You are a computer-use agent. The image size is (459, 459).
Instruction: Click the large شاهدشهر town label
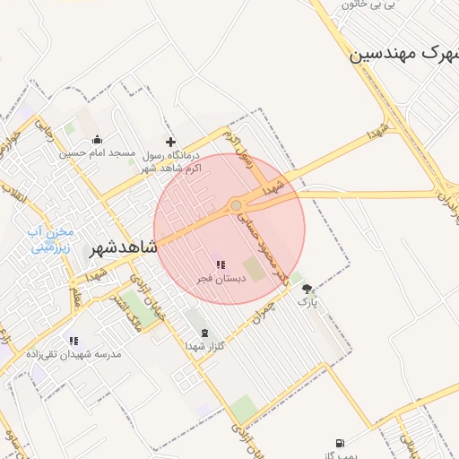[x=123, y=248]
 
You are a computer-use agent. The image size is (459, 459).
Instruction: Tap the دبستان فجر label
[x=219, y=279]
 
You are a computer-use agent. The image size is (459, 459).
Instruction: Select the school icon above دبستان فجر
[x=220, y=264]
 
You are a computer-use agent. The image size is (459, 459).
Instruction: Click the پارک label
[x=307, y=303]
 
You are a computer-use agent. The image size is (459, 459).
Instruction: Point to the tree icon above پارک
[x=307, y=289]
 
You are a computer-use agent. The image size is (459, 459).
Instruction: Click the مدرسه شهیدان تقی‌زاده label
[x=74, y=354]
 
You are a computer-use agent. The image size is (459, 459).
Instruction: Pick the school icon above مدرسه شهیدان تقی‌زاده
[x=74, y=341]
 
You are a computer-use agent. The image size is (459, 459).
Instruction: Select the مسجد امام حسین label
[x=97, y=153]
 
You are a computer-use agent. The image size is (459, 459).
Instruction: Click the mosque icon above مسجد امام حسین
[x=97, y=140]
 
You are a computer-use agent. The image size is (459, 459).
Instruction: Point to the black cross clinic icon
[x=171, y=141]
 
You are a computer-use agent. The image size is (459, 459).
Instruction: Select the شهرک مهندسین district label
[x=403, y=54]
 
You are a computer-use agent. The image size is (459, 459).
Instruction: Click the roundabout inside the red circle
[x=236, y=205]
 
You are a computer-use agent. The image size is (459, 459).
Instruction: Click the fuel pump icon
[x=338, y=443]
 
